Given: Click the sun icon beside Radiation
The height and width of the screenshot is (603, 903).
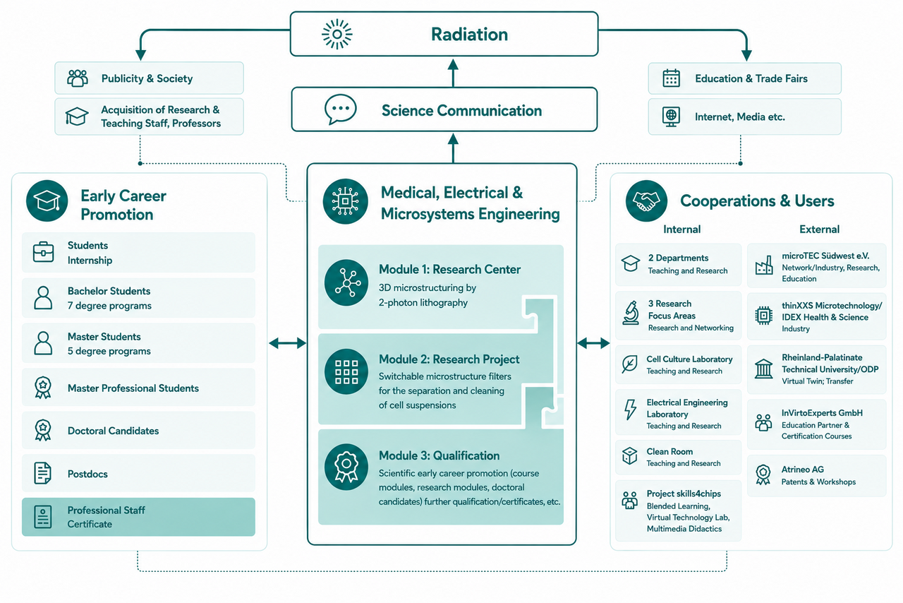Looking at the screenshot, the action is [x=337, y=35].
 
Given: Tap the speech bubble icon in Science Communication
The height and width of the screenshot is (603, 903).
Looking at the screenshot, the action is [x=341, y=109].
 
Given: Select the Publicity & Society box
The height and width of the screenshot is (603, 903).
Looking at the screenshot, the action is [x=149, y=78].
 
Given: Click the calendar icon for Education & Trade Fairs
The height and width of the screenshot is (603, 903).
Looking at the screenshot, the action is [x=671, y=78].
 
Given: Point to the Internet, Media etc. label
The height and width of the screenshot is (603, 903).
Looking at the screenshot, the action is [x=740, y=117].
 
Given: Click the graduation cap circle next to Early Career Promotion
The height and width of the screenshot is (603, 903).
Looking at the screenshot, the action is [x=47, y=201].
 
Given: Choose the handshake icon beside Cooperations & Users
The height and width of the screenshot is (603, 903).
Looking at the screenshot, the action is [x=646, y=201].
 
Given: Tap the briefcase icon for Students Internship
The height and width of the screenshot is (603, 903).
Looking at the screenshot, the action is [x=43, y=252].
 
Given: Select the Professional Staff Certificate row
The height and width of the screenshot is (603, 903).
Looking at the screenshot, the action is [x=138, y=517].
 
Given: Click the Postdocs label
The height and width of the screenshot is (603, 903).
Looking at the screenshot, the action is [x=87, y=474].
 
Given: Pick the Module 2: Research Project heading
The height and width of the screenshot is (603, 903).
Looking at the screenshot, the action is [x=449, y=359].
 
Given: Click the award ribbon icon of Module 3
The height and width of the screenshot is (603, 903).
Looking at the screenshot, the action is [x=346, y=467].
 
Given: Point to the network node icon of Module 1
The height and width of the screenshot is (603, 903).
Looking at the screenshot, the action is [x=346, y=282].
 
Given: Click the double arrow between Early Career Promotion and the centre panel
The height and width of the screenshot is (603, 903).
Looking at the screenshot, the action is [x=287, y=343].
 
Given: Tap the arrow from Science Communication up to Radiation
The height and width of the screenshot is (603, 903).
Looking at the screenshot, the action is [x=453, y=73].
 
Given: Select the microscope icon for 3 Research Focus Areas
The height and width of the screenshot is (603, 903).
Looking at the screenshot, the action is [x=631, y=313].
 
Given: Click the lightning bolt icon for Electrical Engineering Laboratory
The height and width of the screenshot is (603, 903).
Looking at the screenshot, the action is [x=630, y=410].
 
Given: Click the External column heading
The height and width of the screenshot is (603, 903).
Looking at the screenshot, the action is [x=820, y=229].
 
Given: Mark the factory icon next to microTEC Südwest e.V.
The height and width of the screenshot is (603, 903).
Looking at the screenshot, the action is [x=764, y=265].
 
